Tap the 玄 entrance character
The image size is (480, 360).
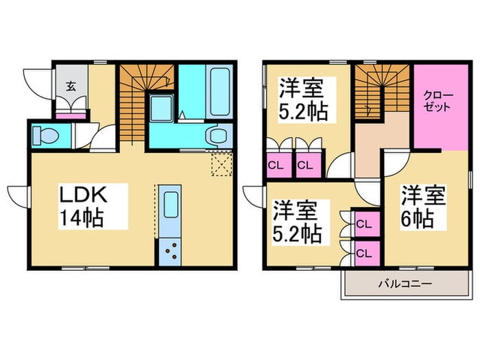pos(70,86)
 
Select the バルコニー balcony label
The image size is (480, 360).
pos(404,284)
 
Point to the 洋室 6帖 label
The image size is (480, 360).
pos(423,208)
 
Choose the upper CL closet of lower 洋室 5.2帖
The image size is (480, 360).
pos(363,224)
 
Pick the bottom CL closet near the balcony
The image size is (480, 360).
pos(363,252)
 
